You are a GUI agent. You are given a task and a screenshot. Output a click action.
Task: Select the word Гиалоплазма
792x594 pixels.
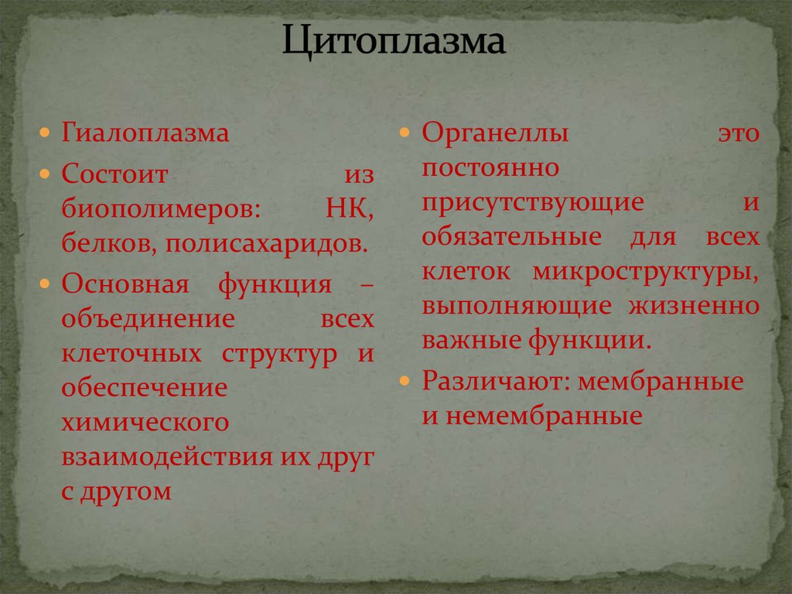(145, 133)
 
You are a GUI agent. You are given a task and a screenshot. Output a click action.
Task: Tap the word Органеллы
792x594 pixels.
(495, 133)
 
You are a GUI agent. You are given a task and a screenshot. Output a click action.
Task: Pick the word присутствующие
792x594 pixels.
(533, 202)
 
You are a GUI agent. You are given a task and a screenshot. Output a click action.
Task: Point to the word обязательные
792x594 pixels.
(511, 237)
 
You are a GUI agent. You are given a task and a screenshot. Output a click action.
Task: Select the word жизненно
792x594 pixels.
(695, 305)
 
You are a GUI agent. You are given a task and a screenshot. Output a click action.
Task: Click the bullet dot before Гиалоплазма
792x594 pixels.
(47, 134)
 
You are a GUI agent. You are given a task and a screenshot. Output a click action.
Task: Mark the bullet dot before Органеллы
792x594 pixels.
(407, 134)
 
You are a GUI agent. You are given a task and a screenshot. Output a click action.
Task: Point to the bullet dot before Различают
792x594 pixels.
(407, 383)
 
